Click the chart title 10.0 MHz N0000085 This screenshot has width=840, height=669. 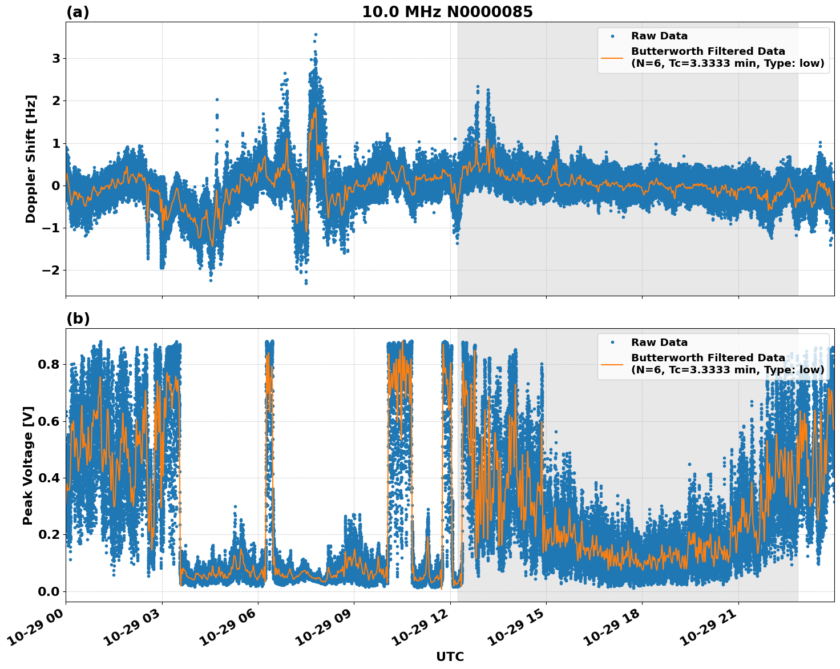pyautogui.click(x=447, y=12)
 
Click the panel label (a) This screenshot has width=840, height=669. pyautogui.click(x=78, y=12)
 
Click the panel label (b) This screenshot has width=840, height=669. pyautogui.click(x=78, y=319)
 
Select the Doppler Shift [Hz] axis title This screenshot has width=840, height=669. pyautogui.click(x=31, y=159)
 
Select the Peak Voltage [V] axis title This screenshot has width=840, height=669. pyautogui.click(x=28, y=465)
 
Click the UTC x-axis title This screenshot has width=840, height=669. pyautogui.click(x=450, y=656)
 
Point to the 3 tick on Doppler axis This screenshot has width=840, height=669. pyautogui.click(x=56, y=59)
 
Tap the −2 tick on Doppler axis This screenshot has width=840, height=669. pyautogui.click(x=51, y=271)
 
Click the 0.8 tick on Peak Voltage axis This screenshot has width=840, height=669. pyautogui.click(x=49, y=364)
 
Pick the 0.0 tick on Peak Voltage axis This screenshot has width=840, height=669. pyautogui.click(x=49, y=591)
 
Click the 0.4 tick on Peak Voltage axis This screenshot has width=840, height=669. pyautogui.click(x=49, y=478)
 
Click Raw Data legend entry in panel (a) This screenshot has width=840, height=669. pyautogui.click(x=659, y=36)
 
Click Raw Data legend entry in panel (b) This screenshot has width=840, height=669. pyautogui.click(x=659, y=342)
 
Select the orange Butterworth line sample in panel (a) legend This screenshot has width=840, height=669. pyautogui.click(x=612, y=58)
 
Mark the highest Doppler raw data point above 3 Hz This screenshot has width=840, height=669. pyautogui.click(x=316, y=34)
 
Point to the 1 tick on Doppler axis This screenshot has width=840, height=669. pyautogui.click(x=56, y=143)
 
